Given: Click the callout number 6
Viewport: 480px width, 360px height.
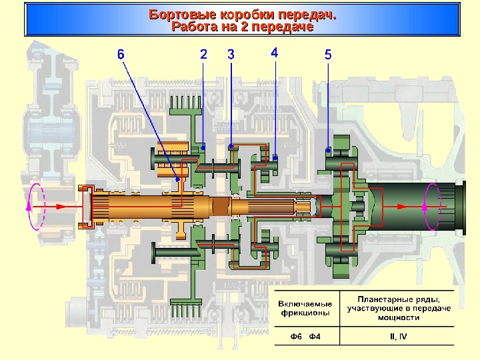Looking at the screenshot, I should tap(121, 55).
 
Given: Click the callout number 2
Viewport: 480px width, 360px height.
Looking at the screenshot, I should tap(203, 55).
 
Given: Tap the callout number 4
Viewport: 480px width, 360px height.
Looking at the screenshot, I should tap(275, 53).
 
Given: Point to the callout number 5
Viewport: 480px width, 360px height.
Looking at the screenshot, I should tap(328, 55).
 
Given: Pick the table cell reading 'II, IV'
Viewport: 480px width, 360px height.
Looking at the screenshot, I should tap(397, 335).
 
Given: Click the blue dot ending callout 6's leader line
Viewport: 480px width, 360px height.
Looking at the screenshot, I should tap(177, 179).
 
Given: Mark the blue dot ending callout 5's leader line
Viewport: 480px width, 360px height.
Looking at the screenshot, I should tap(327, 149).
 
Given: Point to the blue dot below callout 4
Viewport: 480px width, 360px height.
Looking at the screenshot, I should tap(275, 157).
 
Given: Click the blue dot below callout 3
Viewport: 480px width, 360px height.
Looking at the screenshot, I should tap(231, 145).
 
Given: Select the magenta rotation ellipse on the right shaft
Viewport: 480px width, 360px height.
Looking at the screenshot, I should tap(430, 206).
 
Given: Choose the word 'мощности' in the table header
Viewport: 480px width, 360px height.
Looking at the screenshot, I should tap(398, 318).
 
